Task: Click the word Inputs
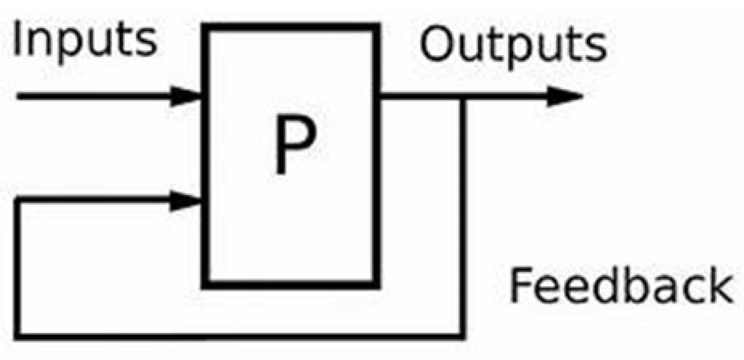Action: point(84,41)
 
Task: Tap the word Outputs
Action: point(513,45)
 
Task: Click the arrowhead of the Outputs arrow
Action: point(565,96)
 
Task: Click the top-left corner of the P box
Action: point(206,27)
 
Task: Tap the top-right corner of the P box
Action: point(377,27)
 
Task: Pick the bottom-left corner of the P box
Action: point(206,284)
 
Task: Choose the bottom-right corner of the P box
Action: point(377,284)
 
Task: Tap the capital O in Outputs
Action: point(438,45)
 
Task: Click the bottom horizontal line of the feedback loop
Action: point(240,336)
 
